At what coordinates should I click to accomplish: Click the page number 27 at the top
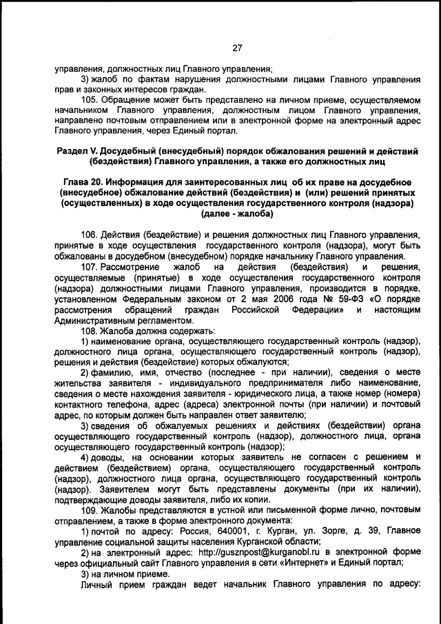tap(237, 48)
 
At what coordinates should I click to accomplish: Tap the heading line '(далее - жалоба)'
tap(237, 214)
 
